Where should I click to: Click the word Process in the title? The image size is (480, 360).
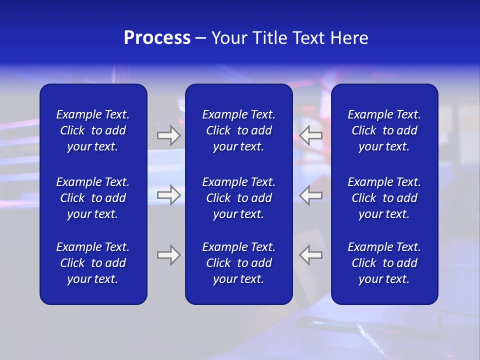[157, 38]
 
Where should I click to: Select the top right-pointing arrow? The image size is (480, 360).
[168, 135]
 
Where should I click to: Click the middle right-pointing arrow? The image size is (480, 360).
[168, 194]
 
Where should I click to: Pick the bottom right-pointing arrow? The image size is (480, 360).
[168, 255]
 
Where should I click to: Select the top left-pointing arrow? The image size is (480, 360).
[311, 135]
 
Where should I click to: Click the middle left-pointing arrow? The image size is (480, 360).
[311, 194]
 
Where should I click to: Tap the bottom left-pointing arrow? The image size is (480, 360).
[311, 255]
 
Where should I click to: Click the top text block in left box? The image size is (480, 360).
[93, 130]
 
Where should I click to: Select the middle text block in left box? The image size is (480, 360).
[93, 198]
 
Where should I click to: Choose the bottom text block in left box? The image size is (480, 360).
[93, 263]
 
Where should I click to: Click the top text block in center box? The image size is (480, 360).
[238, 130]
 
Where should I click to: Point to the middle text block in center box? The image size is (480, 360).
[238, 198]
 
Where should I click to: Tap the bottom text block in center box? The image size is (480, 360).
[238, 263]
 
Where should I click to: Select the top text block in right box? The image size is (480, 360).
[384, 130]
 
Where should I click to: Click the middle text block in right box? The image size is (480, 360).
[384, 198]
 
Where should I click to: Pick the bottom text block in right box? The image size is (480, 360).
[384, 263]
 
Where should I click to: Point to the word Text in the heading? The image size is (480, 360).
[308, 38]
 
